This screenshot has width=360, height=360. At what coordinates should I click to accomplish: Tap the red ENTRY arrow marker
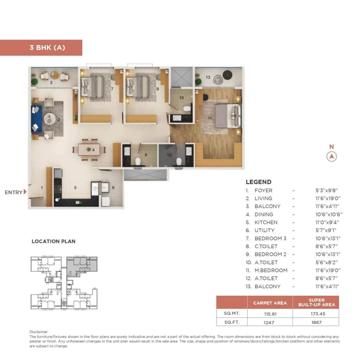(25, 192)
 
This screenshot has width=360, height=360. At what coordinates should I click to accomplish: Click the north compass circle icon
(332, 156)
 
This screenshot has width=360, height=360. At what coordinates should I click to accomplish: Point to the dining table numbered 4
(89, 149)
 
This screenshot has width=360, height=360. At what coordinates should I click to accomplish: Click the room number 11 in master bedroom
(210, 118)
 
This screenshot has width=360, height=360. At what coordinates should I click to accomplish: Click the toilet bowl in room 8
(138, 161)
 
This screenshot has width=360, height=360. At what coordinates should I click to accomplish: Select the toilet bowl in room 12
(179, 161)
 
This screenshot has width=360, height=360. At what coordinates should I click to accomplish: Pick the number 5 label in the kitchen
(75, 188)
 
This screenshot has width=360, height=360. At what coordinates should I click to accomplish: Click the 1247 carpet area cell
(270, 322)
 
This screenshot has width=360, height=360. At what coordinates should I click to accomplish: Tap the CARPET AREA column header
(270, 303)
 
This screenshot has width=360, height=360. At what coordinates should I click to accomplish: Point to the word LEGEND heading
(258, 182)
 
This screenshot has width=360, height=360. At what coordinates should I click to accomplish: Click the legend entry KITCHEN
(266, 222)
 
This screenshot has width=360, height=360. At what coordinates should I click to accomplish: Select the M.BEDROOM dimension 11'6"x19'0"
(327, 270)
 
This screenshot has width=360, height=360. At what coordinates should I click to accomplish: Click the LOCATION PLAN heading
(53, 242)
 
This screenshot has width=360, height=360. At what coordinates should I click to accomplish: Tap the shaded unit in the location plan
(82, 264)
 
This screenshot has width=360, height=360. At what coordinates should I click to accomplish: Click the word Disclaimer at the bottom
(39, 332)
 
